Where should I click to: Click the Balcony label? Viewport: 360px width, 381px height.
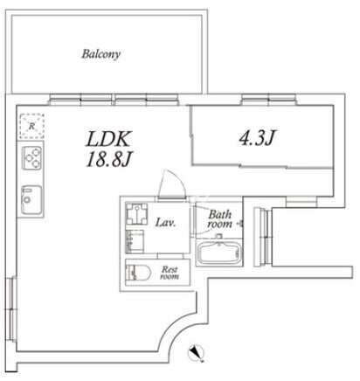(100, 54)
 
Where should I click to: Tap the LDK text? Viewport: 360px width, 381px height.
(107, 139)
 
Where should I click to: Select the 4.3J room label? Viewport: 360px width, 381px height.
(258, 138)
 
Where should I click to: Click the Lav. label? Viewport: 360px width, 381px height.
(165, 223)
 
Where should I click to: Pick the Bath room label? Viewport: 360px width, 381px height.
(220, 219)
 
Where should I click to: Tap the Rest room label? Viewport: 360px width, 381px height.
(170, 273)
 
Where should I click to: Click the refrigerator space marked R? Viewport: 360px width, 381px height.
(32, 126)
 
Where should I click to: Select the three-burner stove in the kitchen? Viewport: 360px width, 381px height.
(32, 158)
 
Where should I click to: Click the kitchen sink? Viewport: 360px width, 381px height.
(31, 200)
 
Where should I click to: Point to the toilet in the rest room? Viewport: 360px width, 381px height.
(138, 273)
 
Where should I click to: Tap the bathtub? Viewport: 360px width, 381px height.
(218, 253)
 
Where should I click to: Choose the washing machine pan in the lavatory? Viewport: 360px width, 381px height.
(136, 214)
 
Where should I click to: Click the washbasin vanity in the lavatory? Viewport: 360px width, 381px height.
(135, 241)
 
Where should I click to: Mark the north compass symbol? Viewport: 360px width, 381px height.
(197, 353)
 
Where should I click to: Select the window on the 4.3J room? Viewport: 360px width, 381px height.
(268, 99)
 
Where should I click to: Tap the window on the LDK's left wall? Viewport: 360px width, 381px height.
(11, 308)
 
